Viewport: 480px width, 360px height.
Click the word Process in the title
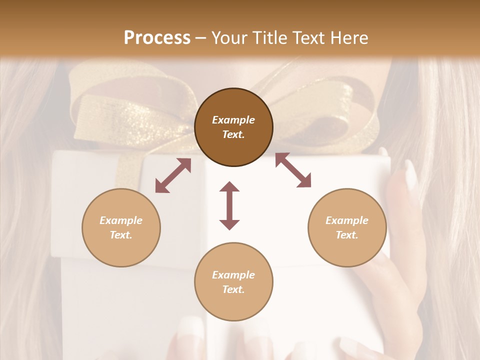coord(157,37)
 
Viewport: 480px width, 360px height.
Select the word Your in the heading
coord(230,37)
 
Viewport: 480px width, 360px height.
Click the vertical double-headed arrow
coord(229,205)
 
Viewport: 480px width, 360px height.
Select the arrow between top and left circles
coord(173,175)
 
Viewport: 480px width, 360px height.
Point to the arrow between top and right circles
coord(293,170)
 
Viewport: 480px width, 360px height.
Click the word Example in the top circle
coord(233,120)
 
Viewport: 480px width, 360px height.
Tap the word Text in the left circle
coord(121,235)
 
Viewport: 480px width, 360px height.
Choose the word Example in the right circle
coord(347,220)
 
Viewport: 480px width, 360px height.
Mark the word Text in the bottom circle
coord(233,289)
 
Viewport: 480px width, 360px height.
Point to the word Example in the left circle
coord(121,220)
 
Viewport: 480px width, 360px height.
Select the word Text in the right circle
coord(347,235)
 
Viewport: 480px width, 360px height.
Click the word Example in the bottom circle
coord(233,275)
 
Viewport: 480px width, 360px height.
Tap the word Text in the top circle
coord(233,134)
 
